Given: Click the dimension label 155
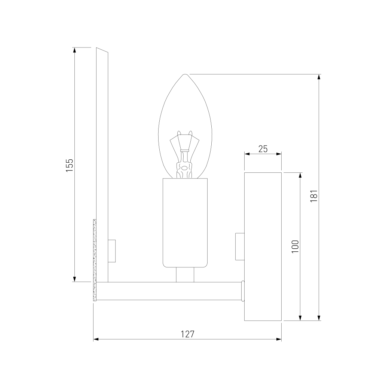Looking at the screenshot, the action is (x=70, y=165).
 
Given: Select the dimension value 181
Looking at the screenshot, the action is (x=314, y=196).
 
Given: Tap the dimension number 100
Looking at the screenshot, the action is (x=295, y=246).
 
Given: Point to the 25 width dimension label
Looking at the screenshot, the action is (x=263, y=149).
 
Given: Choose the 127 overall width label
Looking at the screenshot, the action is (x=187, y=334).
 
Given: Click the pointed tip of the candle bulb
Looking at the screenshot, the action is (x=185, y=74).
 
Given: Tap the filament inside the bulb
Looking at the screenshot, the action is (x=184, y=154).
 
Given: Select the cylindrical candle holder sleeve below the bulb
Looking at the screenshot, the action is (x=185, y=223).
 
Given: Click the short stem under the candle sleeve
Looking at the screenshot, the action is (x=185, y=275).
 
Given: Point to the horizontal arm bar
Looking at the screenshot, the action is (x=169, y=291).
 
